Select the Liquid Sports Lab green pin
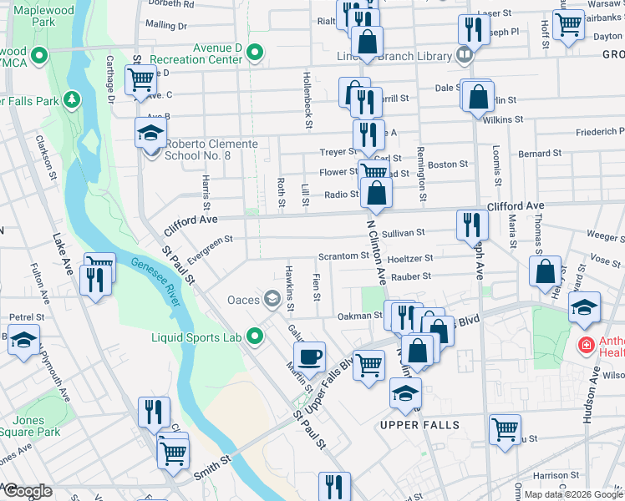(256, 337)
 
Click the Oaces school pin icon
(272, 299)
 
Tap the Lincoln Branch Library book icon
(465, 55)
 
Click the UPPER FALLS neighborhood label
(419, 425)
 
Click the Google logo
(27, 491)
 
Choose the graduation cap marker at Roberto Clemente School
(150, 134)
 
